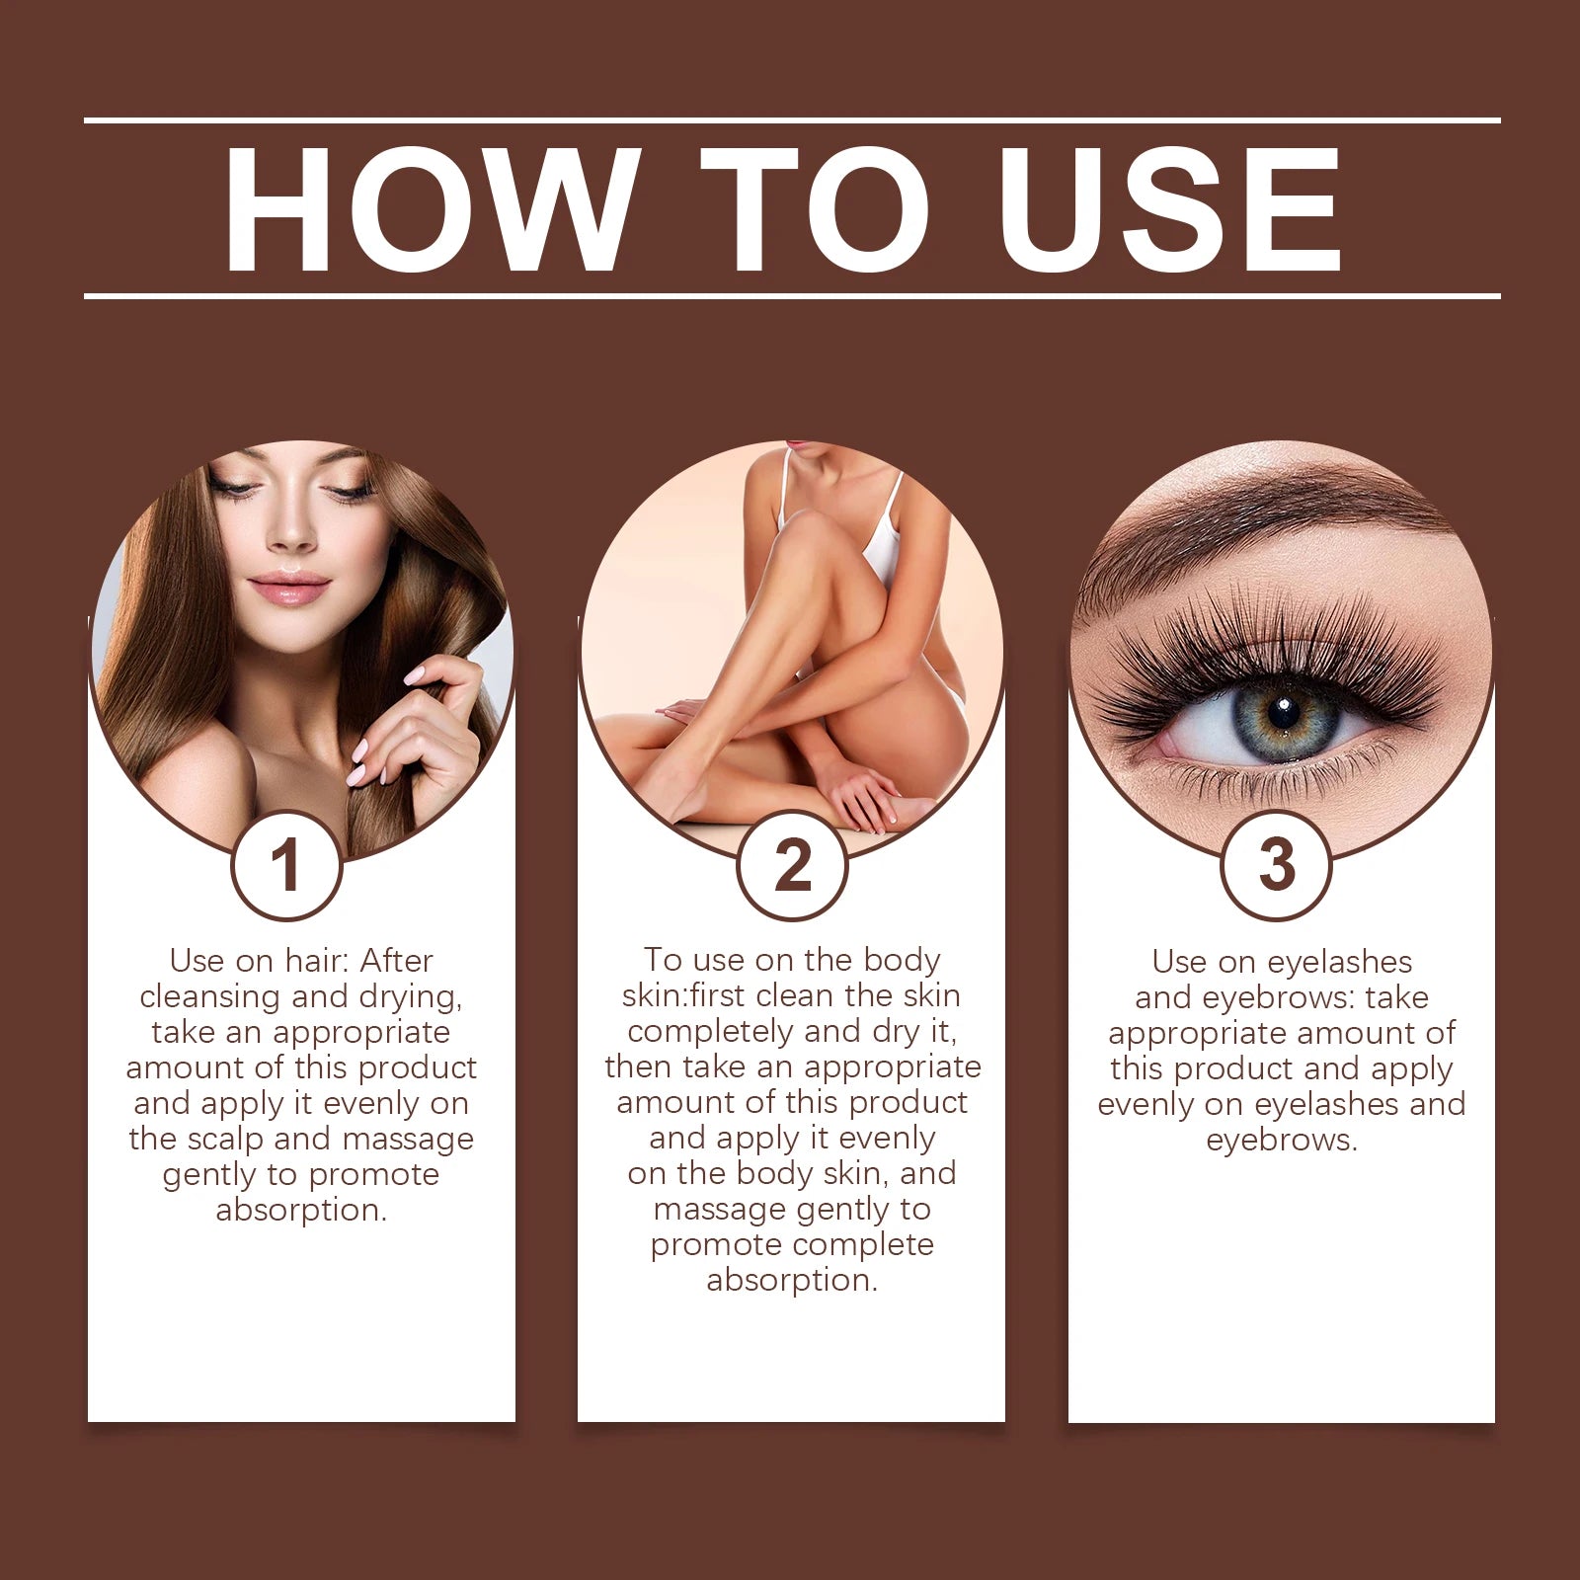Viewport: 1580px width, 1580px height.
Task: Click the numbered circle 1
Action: pos(286,866)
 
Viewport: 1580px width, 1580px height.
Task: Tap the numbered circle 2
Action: pos(792,866)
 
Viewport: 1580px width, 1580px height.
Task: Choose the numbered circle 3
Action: pos(1276,866)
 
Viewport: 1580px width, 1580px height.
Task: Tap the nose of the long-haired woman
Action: pos(291,533)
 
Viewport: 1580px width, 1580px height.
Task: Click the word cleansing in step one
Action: pos(210,996)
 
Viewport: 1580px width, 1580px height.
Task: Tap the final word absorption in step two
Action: pos(791,1281)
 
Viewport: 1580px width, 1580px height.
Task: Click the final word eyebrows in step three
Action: pos(1281,1141)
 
